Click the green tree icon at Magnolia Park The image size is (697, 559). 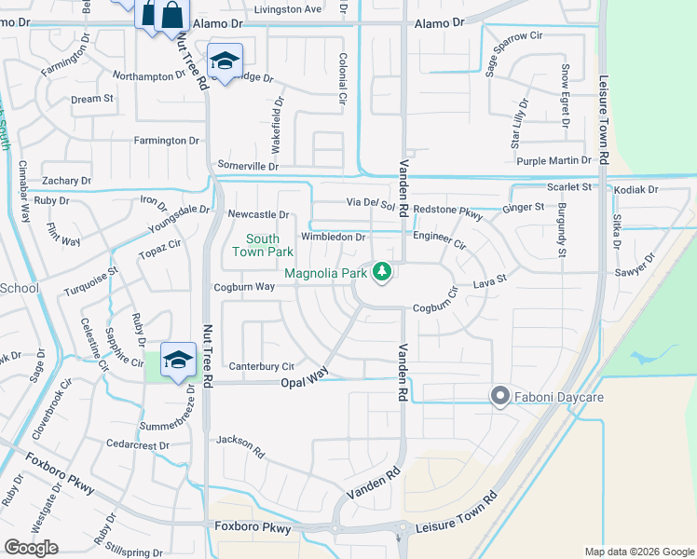pyautogui.click(x=380, y=272)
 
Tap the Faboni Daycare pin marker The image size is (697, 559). pyautogui.click(x=499, y=397)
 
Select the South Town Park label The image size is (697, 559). pyautogui.click(x=263, y=246)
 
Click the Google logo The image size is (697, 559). pyautogui.click(x=31, y=548)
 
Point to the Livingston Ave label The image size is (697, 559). pyautogui.click(x=288, y=9)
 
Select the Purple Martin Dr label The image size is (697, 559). pyautogui.click(x=554, y=161)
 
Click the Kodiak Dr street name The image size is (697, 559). pyautogui.click(x=636, y=189)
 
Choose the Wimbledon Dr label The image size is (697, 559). pyautogui.click(x=333, y=237)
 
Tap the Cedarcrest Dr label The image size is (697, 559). pyautogui.click(x=138, y=445)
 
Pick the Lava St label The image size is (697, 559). pyautogui.click(x=489, y=279)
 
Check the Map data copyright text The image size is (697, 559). pyautogui.click(x=638, y=552)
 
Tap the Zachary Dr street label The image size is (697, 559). pyautogui.click(x=66, y=181)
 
